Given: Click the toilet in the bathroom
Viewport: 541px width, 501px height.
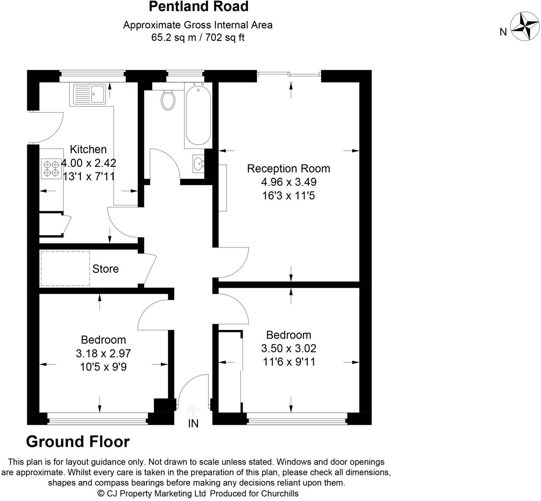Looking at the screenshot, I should point(168,100).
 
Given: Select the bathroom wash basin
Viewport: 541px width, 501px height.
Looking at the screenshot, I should point(198,164).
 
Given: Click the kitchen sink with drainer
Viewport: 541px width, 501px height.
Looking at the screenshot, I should point(90,94).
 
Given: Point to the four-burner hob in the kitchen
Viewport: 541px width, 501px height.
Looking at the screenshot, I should point(51,169).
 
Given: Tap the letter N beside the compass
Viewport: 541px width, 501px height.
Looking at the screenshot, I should point(503,32).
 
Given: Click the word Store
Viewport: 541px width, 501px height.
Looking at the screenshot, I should point(105,269).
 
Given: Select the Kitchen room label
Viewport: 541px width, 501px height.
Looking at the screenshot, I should point(88,149).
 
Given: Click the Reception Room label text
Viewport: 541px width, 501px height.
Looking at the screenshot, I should point(288,168).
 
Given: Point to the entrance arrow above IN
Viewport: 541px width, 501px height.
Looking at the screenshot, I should point(193,410).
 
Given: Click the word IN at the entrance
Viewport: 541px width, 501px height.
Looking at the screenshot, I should point(193,424).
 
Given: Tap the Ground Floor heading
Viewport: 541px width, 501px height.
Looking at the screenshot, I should point(78,442).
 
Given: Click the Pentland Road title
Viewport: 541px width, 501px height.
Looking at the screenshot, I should point(198,6).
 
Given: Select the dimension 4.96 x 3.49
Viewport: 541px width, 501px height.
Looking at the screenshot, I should point(288,182).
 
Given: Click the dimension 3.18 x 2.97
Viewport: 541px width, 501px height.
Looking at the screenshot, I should point(103,353).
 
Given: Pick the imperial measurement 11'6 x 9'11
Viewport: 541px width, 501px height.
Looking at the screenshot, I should point(289,362).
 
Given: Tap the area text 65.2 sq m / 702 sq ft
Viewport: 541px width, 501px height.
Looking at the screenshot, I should point(198,37).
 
